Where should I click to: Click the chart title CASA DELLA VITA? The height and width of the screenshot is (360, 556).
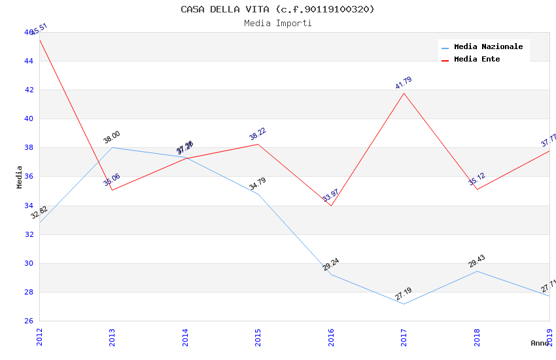tap(277, 9)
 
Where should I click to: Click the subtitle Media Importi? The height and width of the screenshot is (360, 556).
tap(277, 23)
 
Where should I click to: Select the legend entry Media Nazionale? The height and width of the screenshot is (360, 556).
tap(488, 46)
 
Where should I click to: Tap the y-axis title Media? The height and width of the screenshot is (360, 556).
tap(20, 177)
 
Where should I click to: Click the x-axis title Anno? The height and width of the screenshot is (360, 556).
tap(540, 343)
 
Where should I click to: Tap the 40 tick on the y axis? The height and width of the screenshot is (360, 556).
tap(29, 118)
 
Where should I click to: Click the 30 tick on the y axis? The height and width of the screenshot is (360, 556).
tap(29, 263)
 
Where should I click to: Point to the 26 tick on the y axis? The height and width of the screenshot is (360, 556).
tap(29, 321)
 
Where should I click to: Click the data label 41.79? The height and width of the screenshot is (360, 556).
tap(404, 83)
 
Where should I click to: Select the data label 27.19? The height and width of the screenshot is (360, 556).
tap(404, 294)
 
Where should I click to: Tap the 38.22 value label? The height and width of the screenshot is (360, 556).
tap(258, 134)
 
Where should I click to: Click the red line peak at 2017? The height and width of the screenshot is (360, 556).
tap(404, 93)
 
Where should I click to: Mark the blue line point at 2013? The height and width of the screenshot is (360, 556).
tap(112, 147)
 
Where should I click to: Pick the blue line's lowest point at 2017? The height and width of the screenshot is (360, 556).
tap(404, 304)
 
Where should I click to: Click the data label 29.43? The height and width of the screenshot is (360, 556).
tap(476, 261)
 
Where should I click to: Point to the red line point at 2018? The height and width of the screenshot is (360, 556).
tap(476, 189)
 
